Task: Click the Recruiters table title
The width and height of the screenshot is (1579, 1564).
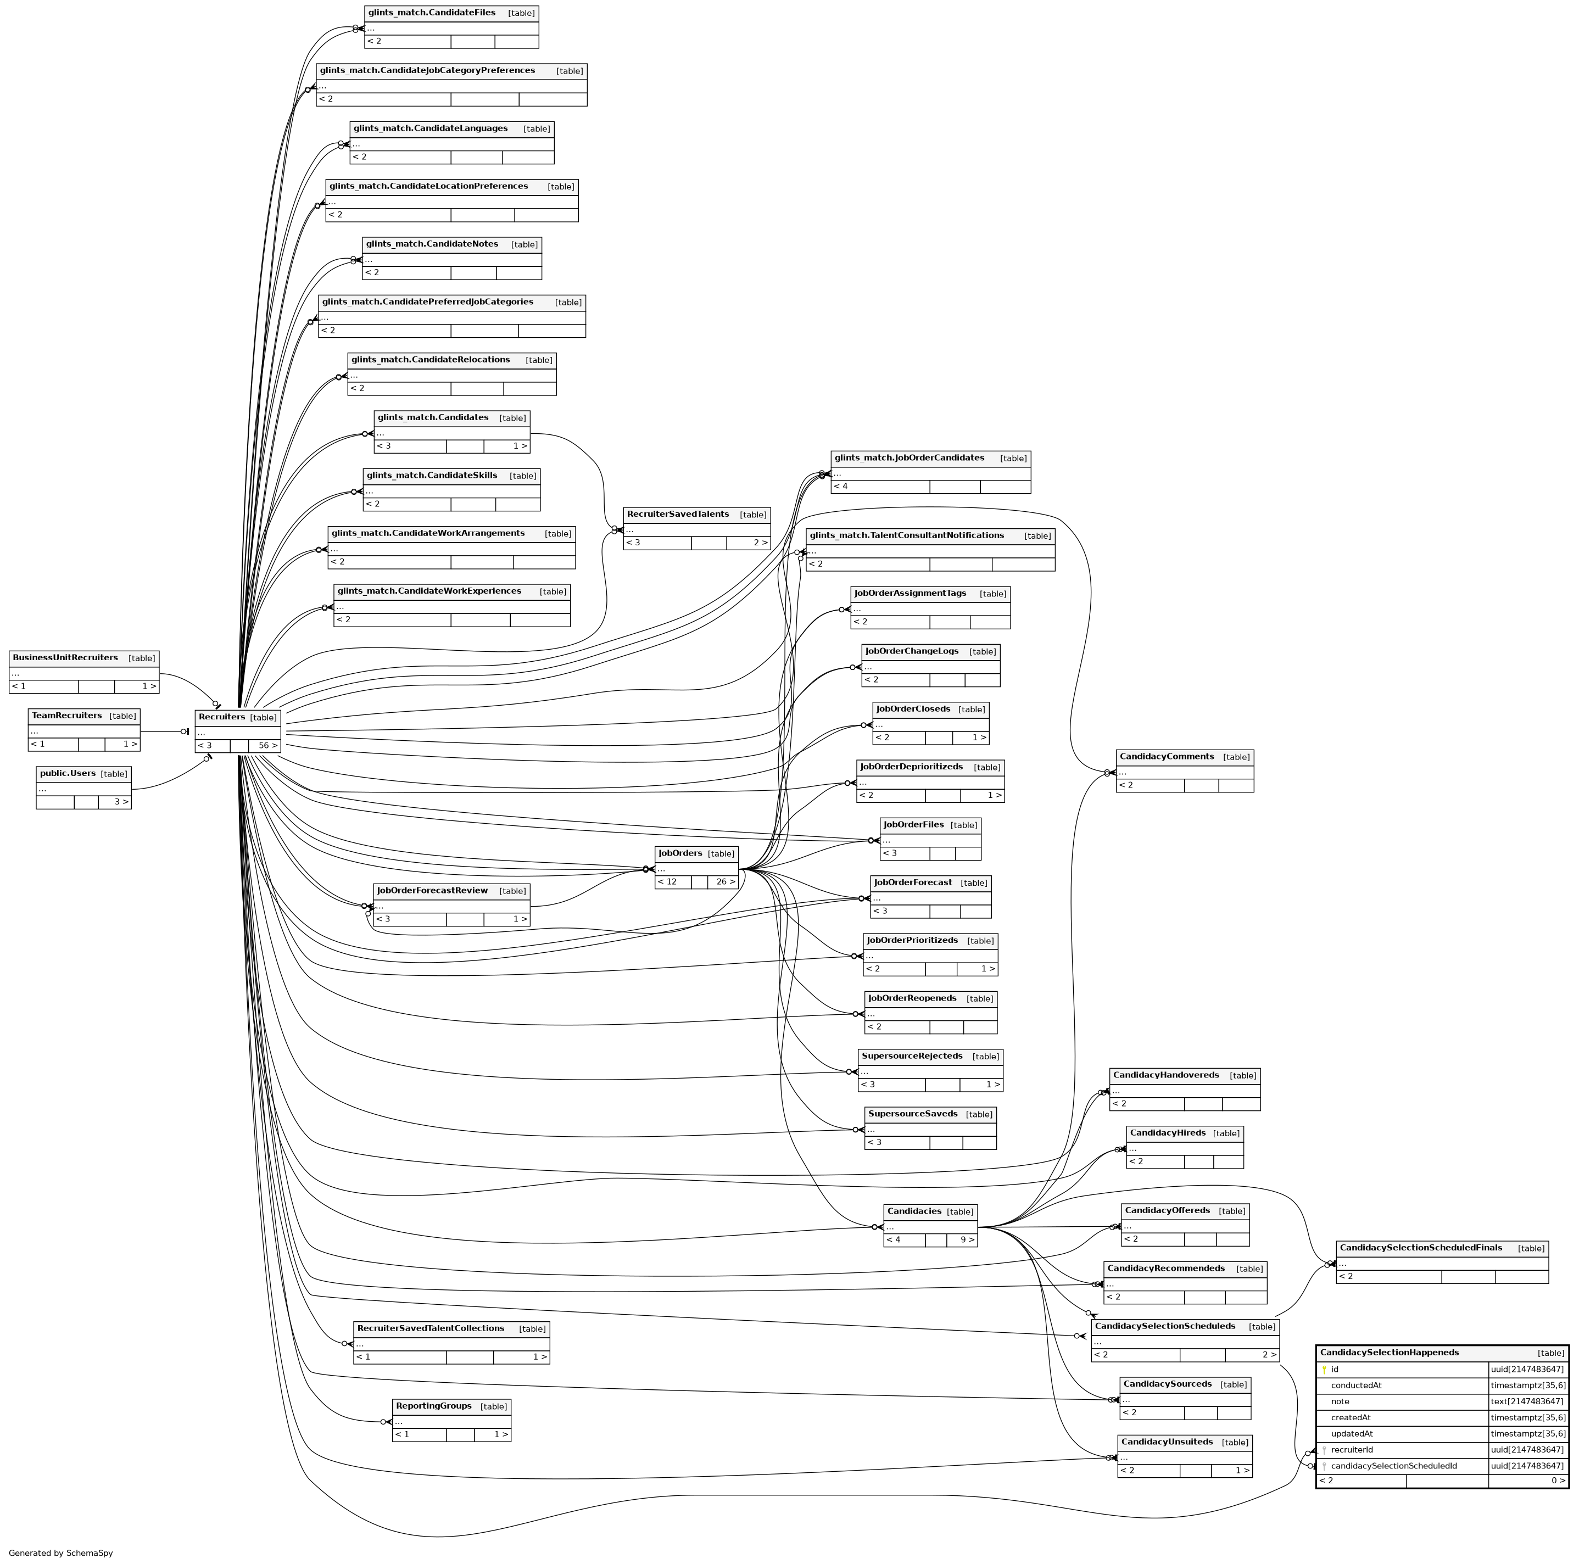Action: coord(221,717)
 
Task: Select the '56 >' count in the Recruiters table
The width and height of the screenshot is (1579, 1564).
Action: coord(265,745)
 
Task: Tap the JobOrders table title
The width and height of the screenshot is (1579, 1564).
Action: coord(680,853)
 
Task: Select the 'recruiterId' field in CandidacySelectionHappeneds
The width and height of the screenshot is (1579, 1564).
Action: coord(1351,1450)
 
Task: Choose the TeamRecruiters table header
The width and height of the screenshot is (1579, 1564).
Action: coord(67,716)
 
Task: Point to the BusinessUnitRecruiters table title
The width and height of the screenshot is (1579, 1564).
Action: coord(65,658)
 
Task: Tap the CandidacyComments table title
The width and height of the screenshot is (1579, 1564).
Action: coord(1167,757)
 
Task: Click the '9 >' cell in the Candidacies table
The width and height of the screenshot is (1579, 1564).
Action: coord(961,1239)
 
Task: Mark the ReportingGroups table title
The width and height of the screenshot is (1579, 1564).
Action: coord(433,1405)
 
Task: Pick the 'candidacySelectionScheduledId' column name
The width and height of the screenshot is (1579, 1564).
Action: coord(1393,1466)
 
